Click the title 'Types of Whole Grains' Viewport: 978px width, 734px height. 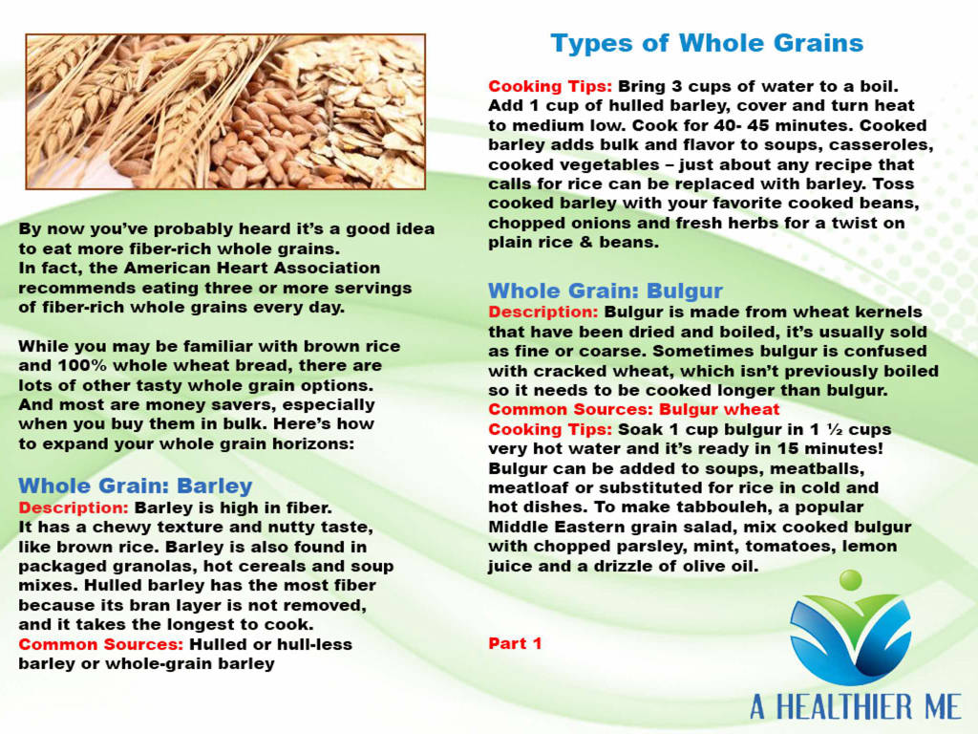coord(707,44)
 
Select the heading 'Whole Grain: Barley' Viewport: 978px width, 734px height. coord(136,486)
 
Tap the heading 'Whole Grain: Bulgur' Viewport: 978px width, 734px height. coord(605,291)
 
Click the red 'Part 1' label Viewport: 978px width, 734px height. coord(515,643)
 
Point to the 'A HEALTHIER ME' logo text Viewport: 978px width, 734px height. coord(855,707)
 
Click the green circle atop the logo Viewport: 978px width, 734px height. coord(850,580)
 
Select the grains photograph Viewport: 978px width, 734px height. coord(225,112)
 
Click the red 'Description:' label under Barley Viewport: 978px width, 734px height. coord(74,508)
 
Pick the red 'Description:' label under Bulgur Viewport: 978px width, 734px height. coord(543,313)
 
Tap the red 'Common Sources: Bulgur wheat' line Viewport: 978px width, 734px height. coord(634,409)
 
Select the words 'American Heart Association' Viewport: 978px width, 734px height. coord(252,268)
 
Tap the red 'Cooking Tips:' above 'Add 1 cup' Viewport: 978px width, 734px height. coord(550,86)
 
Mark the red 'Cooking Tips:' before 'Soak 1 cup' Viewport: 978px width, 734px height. coord(550,429)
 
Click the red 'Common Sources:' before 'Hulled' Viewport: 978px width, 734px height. coord(101,644)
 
